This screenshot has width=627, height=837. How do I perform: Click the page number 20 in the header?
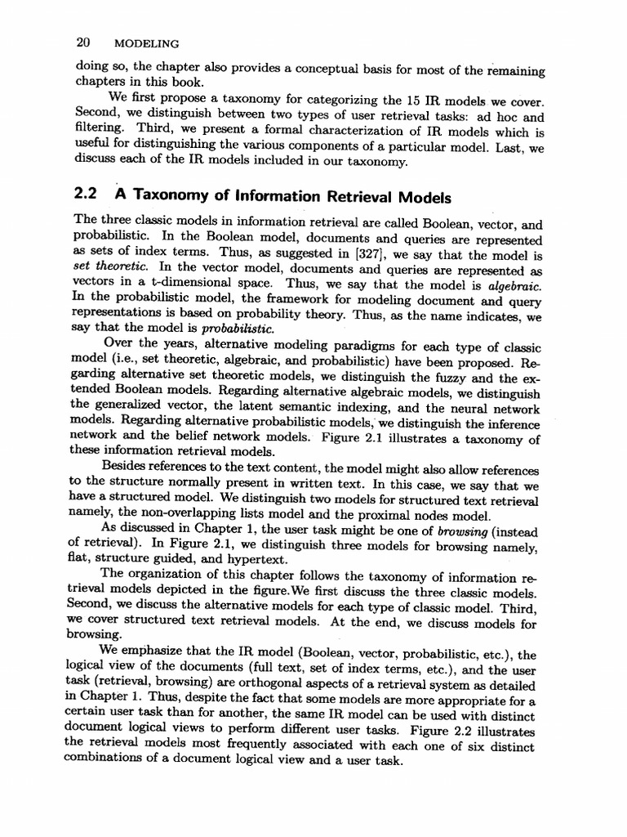[x=81, y=41]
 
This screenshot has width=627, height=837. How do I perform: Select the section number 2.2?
[x=86, y=195]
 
